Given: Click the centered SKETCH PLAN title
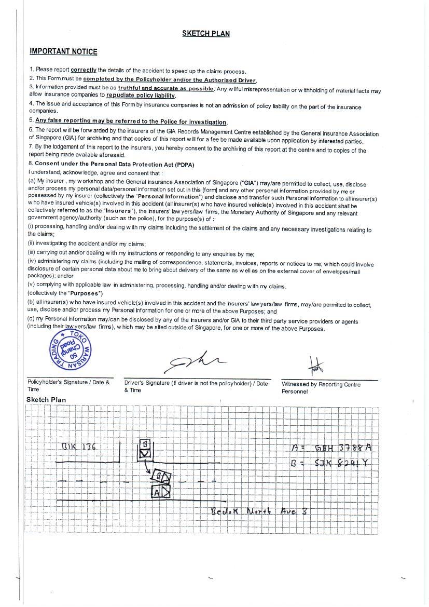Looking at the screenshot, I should [x=205, y=34].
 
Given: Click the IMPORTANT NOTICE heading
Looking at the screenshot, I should [x=63, y=51].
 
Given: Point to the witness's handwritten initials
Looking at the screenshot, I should [x=315, y=367].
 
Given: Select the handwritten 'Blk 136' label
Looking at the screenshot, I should [x=78, y=447].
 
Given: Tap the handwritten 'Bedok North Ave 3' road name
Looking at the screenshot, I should [x=259, y=511].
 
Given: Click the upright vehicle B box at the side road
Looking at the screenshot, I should [x=145, y=450].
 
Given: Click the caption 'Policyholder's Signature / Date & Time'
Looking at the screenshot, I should [x=68, y=386].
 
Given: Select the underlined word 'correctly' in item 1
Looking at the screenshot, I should [x=84, y=70].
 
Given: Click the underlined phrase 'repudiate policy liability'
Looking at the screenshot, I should [x=141, y=96].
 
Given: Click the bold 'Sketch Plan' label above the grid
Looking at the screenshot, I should [x=46, y=400].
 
